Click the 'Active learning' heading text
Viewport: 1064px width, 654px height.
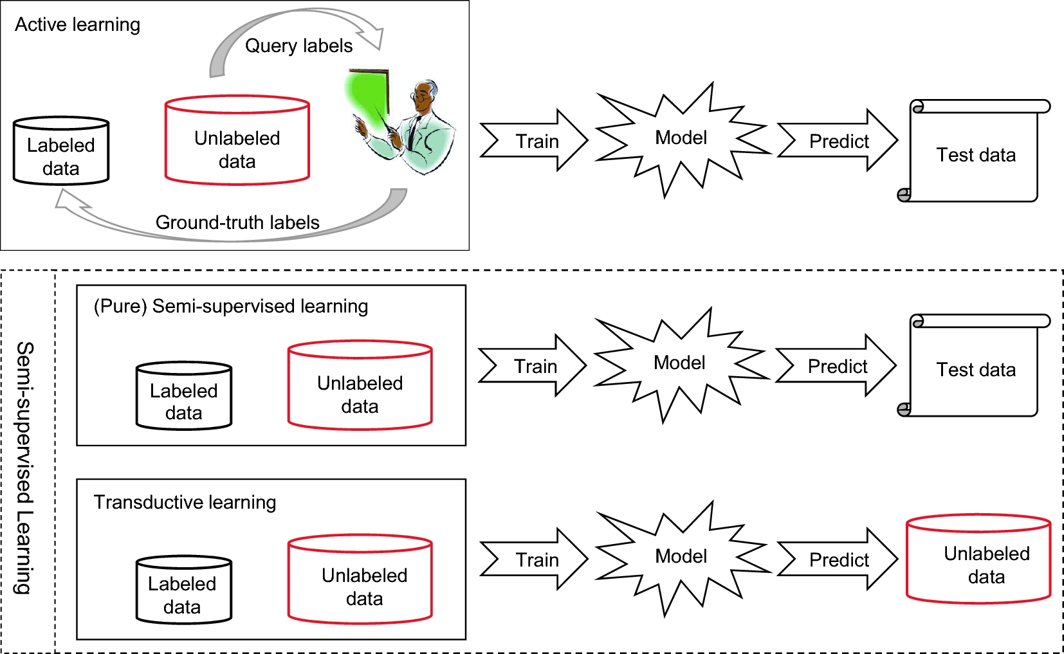(77, 24)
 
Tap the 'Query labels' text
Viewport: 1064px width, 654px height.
(298, 46)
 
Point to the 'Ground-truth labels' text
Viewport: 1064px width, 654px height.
(237, 223)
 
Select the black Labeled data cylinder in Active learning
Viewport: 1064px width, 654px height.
(61, 150)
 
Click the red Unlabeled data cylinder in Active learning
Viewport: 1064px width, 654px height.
(237, 140)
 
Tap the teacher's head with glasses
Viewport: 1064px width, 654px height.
(424, 96)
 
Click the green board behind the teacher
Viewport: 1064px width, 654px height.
(368, 97)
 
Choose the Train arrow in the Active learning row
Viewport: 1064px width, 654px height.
(534, 140)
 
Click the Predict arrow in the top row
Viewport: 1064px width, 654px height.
(838, 140)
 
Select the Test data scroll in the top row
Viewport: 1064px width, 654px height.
(974, 151)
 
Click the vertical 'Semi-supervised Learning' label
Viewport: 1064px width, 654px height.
(24, 468)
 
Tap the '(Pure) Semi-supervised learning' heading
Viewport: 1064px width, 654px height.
(231, 306)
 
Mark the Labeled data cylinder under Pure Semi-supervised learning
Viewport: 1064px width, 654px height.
(184, 396)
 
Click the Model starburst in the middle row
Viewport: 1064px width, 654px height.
(680, 364)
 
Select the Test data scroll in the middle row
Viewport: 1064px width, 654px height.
(974, 366)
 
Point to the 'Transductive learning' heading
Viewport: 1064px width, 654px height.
(185, 502)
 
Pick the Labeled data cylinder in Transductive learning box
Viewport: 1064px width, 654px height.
(184, 590)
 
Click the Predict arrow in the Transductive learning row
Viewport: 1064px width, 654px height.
(838, 559)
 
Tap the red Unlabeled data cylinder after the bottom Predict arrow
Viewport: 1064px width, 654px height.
(978, 559)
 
